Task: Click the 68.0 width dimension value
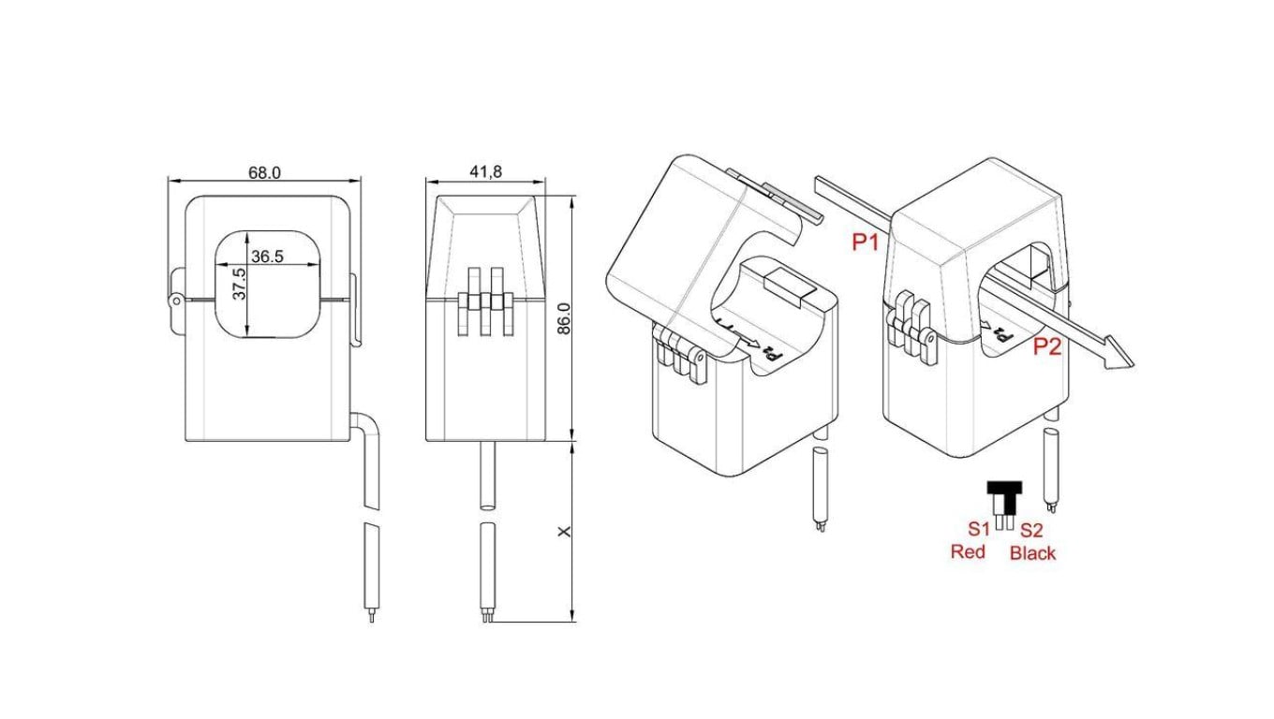tap(264, 173)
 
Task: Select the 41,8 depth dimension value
tap(485, 171)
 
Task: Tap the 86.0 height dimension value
tap(564, 319)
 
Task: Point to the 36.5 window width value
tap(267, 257)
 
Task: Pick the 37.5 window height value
tap(240, 285)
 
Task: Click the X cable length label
tap(564, 532)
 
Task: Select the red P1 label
tap(865, 242)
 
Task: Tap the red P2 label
tap(1047, 346)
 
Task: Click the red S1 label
tap(980, 529)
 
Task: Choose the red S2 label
tap(1031, 530)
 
